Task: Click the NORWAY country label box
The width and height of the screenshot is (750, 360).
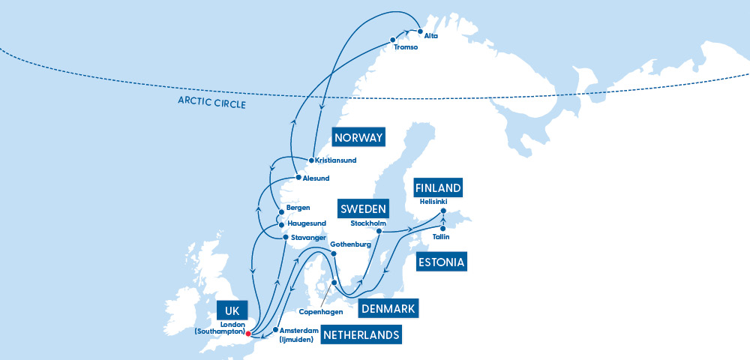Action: click(x=359, y=137)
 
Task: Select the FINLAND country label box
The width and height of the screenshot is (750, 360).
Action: click(x=438, y=187)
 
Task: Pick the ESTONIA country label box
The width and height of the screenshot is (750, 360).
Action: click(x=441, y=262)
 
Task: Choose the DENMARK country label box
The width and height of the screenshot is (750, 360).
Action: click(x=388, y=308)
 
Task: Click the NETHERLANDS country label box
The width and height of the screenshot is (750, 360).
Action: click(x=361, y=334)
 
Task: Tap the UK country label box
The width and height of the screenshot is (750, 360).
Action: click(x=231, y=311)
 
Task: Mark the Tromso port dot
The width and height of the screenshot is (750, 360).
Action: click(x=392, y=40)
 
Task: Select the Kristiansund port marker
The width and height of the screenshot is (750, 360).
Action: click(x=311, y=160)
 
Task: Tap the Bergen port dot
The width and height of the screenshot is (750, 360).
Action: click(x=281, y=211)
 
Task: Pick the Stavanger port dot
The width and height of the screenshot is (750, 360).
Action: click(x=285, y=238)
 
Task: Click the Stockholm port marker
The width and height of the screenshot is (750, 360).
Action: click(x=379, y=231)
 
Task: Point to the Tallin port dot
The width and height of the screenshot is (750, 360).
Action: click(x=443, y=228)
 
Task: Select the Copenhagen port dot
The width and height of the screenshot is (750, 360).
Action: click(x=334, y=283)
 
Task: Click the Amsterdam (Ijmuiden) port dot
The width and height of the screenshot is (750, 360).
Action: click(x=276, y=329)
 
